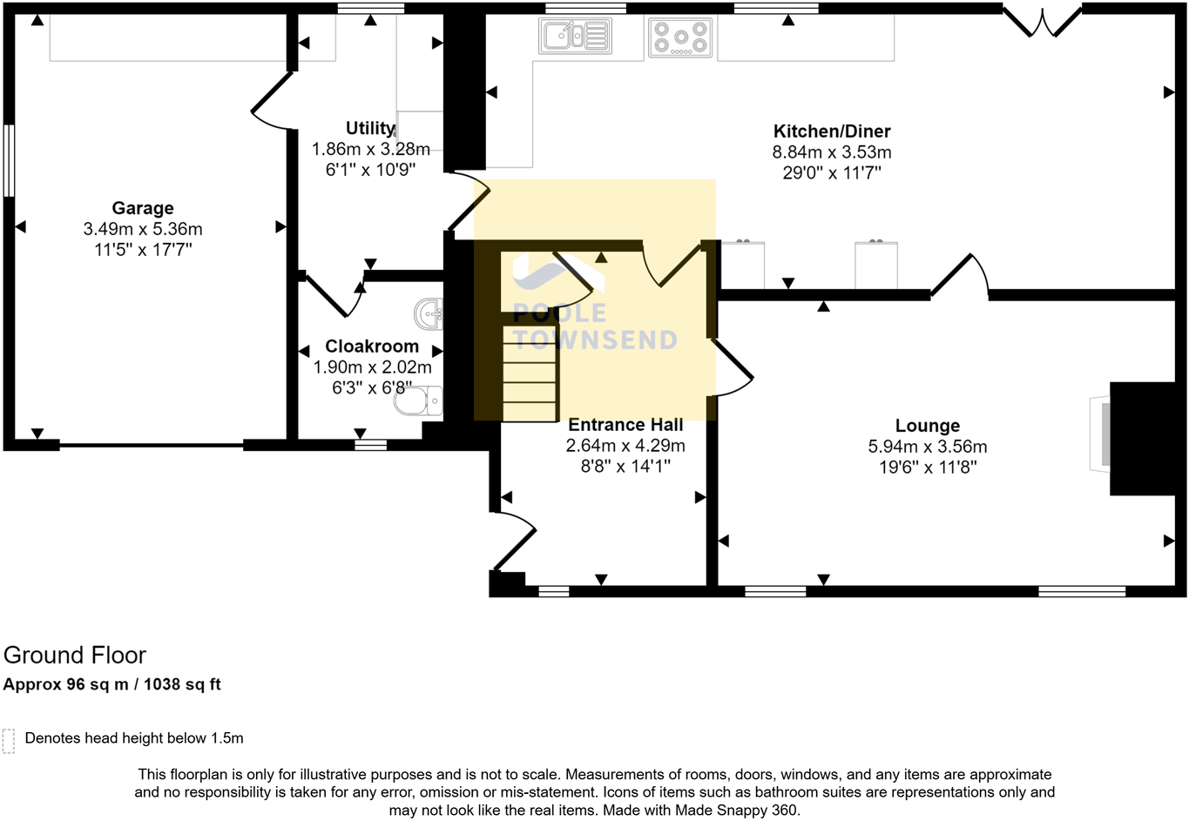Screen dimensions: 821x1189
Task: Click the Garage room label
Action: tap(142, 208)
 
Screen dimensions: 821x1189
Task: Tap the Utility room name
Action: tap(370, 128)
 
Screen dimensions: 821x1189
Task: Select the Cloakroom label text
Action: tap(372, 346)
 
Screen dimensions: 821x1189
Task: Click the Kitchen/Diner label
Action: tap(832, 131)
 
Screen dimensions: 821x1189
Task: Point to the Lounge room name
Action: tap(927, 426)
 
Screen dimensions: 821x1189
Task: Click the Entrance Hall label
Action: tap(625, 425)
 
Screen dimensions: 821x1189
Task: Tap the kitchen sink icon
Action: tap(575, 37)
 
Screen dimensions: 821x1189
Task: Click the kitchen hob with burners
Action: tap(680, 37)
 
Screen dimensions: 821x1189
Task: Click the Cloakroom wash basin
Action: tap(429, 314)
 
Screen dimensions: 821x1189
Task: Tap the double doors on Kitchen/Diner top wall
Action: tap(1042, 22)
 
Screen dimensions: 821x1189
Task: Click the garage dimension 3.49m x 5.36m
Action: tap(143, 229)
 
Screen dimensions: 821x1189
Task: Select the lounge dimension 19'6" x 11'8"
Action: tap(927, 468)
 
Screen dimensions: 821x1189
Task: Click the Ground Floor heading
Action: tap(75, 656)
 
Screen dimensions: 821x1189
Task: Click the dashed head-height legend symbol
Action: tap(9, 740)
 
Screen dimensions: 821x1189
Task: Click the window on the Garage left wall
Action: tap(8, 161)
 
